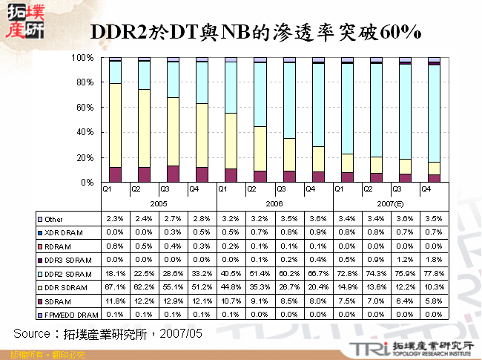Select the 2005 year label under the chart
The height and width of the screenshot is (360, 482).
pyautogui.click(x=159, y=202)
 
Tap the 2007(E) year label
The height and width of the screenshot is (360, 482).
pyautogui.click(x=391, y=202)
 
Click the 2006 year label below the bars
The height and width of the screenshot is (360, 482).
pyautogui.click(x=274, y=202)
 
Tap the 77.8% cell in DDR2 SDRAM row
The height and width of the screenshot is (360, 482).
pyautogui.click(x=434, y=274)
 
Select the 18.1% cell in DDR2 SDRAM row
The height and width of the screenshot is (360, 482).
pyautogui.click(x=115, y=274)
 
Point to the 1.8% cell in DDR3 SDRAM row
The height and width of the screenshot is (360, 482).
pyautogui.click(x=434, y=261)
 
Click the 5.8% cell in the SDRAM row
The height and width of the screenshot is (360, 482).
pyautogui.click(x=434, y=301)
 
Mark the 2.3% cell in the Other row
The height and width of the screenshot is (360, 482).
pyautogui.click(x=115, y=219)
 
